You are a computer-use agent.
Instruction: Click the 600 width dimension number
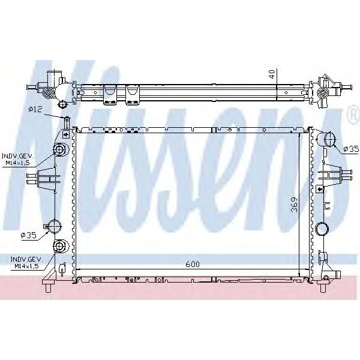(x=192, y=264)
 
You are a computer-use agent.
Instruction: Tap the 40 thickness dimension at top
(x=272, y=74)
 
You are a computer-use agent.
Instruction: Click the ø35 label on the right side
(x=350, y=148)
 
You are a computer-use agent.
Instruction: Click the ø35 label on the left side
(x=29, y=236)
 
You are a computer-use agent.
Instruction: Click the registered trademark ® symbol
(x=352, y=114)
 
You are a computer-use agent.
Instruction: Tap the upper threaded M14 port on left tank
(x=60, y=150)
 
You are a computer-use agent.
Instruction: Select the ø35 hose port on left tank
(x=55, y=227)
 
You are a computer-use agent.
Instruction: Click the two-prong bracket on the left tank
(x=47, y=178)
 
